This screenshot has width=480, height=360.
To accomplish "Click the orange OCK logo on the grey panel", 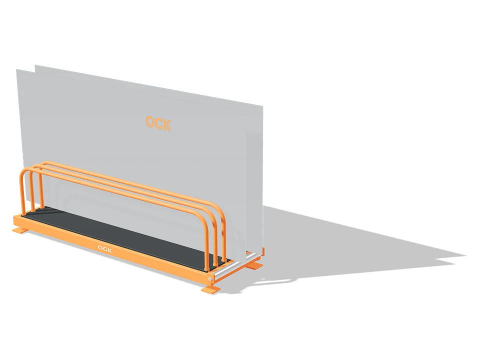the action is tap(158, 123).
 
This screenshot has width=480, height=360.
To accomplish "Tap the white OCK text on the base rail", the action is tap(104, 249).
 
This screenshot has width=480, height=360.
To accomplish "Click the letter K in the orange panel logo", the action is tap(166, 125).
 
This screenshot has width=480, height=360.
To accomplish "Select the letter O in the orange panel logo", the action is tap(149, 121).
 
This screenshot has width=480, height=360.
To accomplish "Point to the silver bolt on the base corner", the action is tap(210, 279).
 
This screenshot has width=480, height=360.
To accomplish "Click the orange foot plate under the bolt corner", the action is tap(210, 289).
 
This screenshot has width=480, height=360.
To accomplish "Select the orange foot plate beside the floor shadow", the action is tap(254, 265).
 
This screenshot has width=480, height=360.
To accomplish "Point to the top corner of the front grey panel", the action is tap(16, 69).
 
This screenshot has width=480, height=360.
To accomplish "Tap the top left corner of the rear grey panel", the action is tap(35, 65).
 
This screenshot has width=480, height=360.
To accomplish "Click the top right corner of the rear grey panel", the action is tap(262, 106).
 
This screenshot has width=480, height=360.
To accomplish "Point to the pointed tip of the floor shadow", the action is tap(466, 255).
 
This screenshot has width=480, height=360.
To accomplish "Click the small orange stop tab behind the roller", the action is tap(262, 252).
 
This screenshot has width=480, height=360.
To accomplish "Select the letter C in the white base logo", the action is tap(104, 249).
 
